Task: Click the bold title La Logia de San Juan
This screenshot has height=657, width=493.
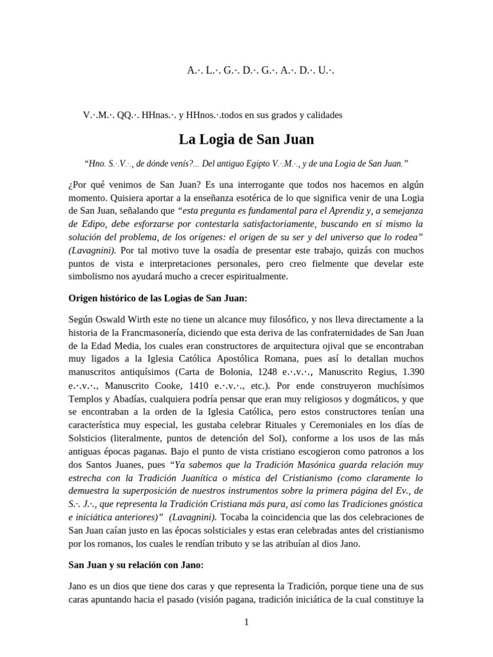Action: [x=246, y=139]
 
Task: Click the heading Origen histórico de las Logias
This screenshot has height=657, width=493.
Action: [x=157, y=298]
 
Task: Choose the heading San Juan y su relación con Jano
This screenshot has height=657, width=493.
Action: [x=135, y=565]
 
